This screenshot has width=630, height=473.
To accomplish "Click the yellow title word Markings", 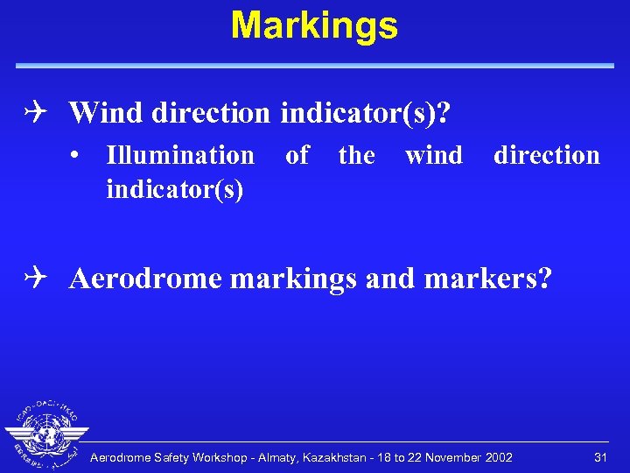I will (x=314, y=26).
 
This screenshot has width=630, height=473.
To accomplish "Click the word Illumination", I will (x=179, y=156).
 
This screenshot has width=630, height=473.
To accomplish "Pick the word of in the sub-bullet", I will (x=297, y=156).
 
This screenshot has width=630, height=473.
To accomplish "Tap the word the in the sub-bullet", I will (x=356, y=156).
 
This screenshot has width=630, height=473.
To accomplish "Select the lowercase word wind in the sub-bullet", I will (x=434, y=156).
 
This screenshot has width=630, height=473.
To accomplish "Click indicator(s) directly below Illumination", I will (x=174, y=188).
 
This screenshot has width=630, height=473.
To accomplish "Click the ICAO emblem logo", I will (x=45, y=434).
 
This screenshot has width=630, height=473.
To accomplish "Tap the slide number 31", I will (x=600, y=457).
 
